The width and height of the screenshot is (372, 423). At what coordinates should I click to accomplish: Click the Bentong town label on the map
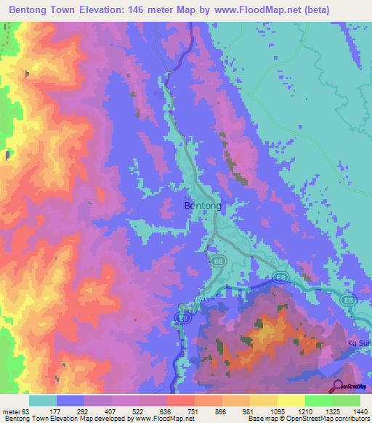(x=198, y=206)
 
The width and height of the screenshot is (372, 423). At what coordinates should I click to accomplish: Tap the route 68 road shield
(x=219, y=259)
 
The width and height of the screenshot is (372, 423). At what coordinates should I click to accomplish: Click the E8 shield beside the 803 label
(x=185, y=318)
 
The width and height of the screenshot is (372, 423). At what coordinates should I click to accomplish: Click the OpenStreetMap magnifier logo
(x=336, y=387)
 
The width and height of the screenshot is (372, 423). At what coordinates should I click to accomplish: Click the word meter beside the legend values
(x=12, y=411)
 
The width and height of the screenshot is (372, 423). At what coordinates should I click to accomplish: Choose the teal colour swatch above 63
(x=42, y=400)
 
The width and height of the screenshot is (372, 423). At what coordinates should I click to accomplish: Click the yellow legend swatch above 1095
(x=263, y=400)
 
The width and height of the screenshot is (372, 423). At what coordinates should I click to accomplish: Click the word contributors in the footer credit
(x=349, y=419)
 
